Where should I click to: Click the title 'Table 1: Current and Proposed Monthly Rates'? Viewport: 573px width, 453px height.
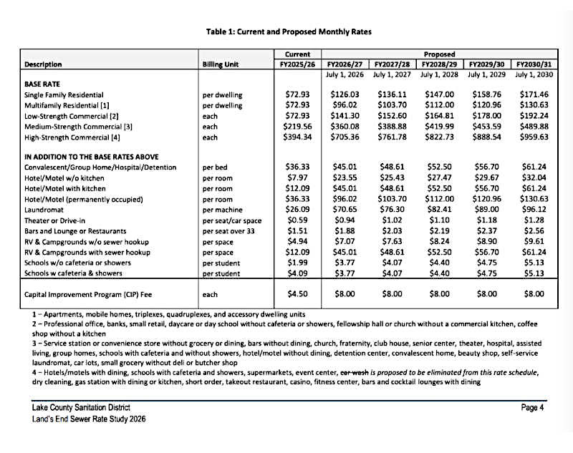click(x=288, y=31)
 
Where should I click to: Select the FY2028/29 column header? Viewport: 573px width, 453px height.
click(x=439, y=64)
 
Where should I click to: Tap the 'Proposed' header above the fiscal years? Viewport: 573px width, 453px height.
click(x=439, y=54)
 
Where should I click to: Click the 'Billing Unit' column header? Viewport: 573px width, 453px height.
click(x=222, y=64)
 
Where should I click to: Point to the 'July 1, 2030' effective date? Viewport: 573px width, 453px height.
click(x=533, y=74)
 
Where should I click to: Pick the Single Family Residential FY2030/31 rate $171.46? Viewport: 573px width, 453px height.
click(x=533, y=94)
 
